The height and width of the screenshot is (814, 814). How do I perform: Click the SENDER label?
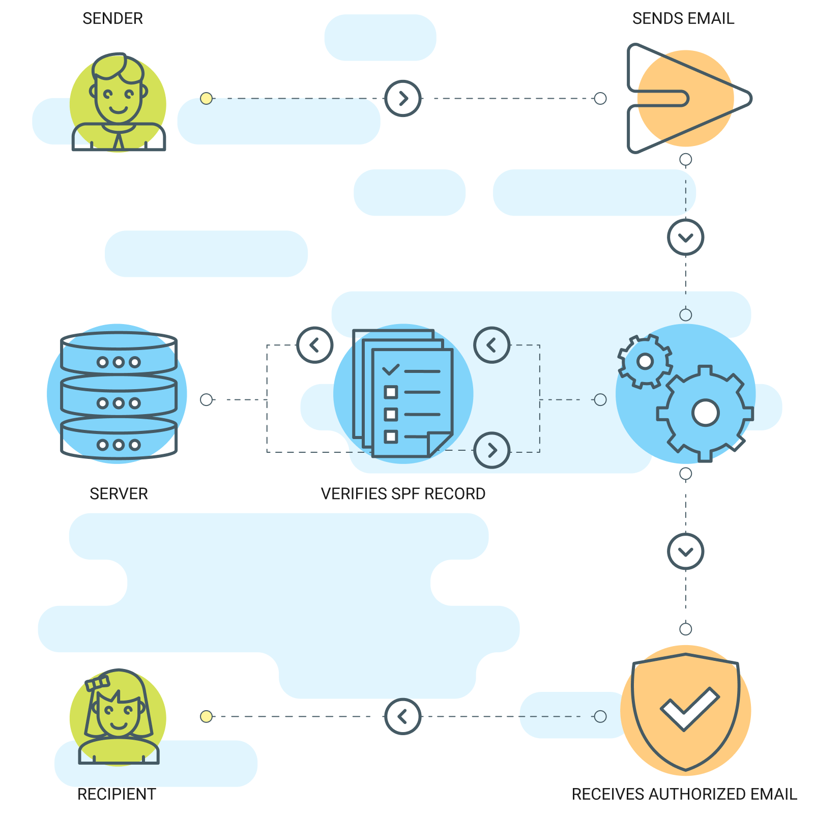(x=112, y=19)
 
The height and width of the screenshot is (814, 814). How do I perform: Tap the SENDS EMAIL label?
(x=683, y=19)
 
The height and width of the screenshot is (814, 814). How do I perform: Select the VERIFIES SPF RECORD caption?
(x=403, y=493)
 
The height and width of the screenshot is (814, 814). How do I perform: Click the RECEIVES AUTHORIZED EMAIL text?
(x=684, y=794)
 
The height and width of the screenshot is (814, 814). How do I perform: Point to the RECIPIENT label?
(x=117, y=794)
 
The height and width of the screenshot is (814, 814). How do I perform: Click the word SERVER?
(x=119, y=493)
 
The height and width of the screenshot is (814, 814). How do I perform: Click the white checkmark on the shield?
(x=689, y=708)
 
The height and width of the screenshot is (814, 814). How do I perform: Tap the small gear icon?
(x=645, y=361)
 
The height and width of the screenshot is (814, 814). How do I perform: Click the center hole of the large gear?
(x=705, y=413)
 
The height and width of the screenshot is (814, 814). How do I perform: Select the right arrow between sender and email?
(x=403, y=98)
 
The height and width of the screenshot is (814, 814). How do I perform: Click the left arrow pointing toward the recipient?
(x=403, y=716)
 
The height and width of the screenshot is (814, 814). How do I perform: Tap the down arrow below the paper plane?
(x=685, y=237)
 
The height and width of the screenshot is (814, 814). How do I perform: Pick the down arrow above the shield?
(x=685, y=551)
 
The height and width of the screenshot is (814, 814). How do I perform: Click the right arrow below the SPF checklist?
(x=491, y=450)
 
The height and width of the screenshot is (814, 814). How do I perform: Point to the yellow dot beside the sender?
(x=206, y=98)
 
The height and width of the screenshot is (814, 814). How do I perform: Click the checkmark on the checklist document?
(x=391, y=369)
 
